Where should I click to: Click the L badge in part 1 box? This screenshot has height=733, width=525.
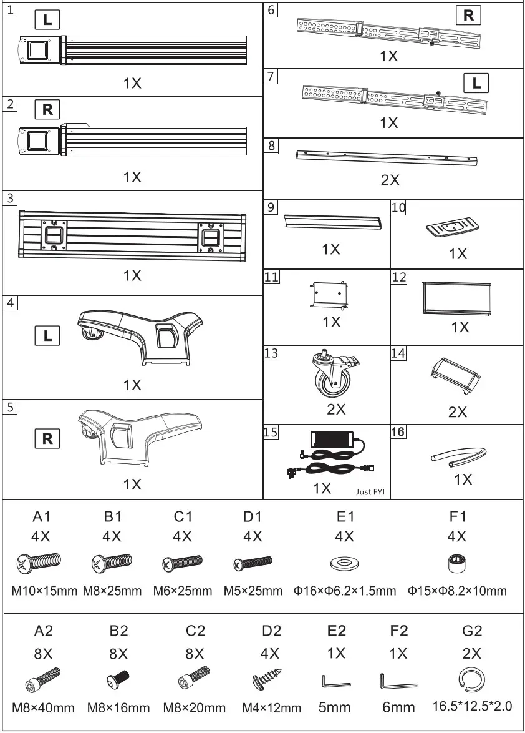[47, 20]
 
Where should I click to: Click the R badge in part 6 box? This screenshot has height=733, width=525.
[468, 16]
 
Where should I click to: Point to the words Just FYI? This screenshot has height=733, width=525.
[370, 491]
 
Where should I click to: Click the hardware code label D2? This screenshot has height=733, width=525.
[271, 631]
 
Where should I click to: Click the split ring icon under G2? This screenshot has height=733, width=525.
[472, 680]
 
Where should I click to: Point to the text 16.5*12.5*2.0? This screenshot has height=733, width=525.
[472, 707]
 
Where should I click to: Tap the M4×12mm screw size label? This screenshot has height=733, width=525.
[271, 708]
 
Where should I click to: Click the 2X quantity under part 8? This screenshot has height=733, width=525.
[390, 180]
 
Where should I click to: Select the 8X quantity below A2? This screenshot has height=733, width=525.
[43, 654]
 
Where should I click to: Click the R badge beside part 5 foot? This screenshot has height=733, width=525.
[47, 439]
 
